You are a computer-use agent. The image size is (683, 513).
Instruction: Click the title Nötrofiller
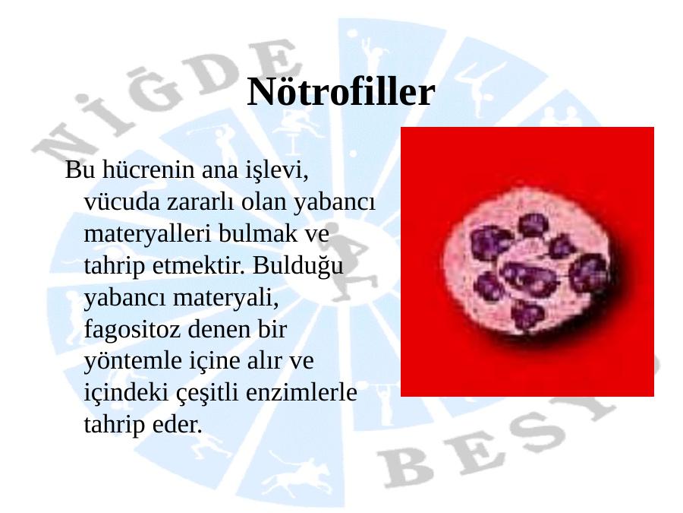click(x=341, y=92)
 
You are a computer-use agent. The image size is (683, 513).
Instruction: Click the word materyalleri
click(x=148, y=234)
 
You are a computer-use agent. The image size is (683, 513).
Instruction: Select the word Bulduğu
click(x=298, y=266)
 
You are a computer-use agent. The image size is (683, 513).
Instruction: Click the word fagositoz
click(x=132, y=330)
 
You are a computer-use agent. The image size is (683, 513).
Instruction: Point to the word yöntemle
click(x=133, y=361)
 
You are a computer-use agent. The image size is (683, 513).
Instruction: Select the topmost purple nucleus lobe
click(x=533, y=225)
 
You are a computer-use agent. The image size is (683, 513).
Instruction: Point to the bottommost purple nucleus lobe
click(x=527, y=315)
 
